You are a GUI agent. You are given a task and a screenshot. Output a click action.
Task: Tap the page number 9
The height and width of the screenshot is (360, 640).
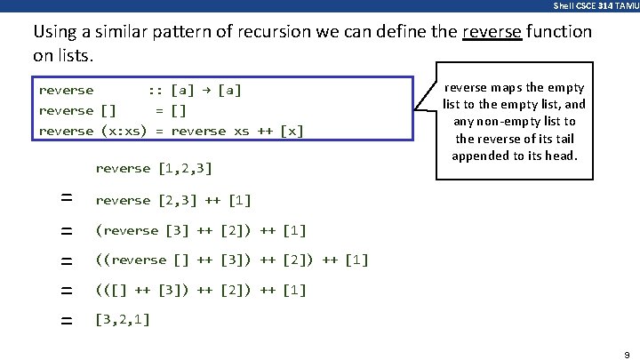click(626, 351)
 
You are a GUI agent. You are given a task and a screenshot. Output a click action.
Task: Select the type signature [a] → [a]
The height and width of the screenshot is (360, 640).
click(206, 90)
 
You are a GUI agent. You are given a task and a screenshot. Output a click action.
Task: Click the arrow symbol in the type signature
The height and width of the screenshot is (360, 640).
click(206, 90)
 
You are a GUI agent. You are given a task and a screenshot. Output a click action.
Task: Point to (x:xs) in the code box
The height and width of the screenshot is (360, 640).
click(124, 131)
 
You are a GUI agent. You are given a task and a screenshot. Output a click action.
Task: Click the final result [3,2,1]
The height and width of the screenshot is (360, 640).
click(123, 319)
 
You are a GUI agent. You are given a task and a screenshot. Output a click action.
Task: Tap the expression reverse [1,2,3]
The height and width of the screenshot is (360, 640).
click(153, 168)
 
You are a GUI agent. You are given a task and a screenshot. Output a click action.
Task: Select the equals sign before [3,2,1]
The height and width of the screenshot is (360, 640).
click(66, 320)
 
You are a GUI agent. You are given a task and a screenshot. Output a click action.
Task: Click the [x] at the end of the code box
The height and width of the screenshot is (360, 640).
click(292, 131)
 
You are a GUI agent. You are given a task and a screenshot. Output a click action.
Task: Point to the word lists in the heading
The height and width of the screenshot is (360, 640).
click(73, 56)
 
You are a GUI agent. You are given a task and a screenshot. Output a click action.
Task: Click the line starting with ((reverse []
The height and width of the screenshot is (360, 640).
click(231, 260)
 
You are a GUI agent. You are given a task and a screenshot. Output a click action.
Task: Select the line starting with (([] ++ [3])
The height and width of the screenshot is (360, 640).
click(201, 290)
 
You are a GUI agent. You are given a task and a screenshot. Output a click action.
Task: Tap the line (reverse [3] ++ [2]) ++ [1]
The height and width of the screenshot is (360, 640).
click(201, 230)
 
